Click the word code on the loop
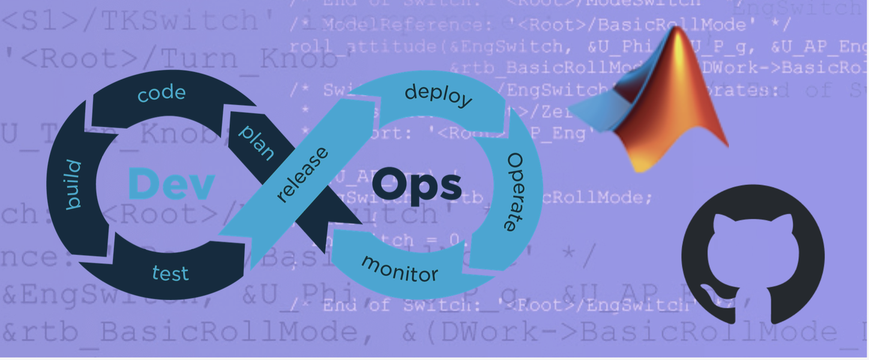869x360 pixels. (161, 93)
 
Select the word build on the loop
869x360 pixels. (73, 185)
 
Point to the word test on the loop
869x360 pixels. (170, 273)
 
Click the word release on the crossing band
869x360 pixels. (303, 175)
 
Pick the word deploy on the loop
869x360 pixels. (438, 95)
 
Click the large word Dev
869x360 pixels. (172, 184)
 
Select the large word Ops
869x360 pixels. (416, 185)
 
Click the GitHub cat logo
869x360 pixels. (753, 254)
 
